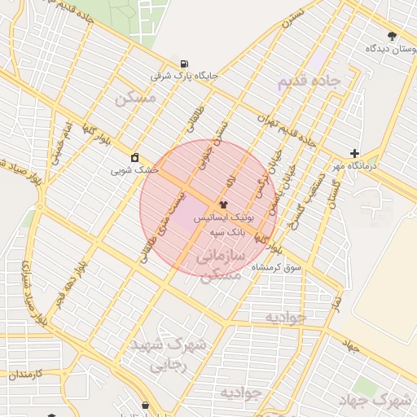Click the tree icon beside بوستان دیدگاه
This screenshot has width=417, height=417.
(393, 36)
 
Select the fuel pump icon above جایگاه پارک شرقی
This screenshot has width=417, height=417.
(185, 64)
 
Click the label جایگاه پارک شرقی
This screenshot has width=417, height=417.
(185, 77)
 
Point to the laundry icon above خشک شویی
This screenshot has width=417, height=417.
(134, 157)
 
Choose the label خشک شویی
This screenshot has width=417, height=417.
(134, 171)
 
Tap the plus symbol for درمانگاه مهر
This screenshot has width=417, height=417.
(353, 153)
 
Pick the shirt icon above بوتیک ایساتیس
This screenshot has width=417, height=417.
(224, 204)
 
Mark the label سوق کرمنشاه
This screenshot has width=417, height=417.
(277, 267)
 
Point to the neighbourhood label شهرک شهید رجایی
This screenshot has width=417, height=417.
(174, 355)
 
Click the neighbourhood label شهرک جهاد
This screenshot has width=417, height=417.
(389, 400)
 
